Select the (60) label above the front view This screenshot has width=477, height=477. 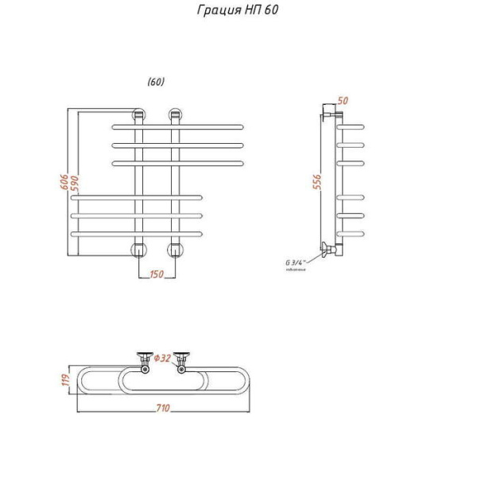coord(156,81)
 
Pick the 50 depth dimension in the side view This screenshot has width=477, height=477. coord(343,100)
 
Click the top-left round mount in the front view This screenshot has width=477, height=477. coord(139,114)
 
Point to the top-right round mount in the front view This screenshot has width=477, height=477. coord(175,114)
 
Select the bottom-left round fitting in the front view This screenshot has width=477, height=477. coord(139,250)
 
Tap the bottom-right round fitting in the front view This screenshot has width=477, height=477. coord(175,250)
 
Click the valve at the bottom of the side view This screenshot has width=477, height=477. coord(328,250)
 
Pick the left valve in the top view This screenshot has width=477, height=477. coord(145,359)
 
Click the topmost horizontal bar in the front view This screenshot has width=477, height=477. coord(178,126)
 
